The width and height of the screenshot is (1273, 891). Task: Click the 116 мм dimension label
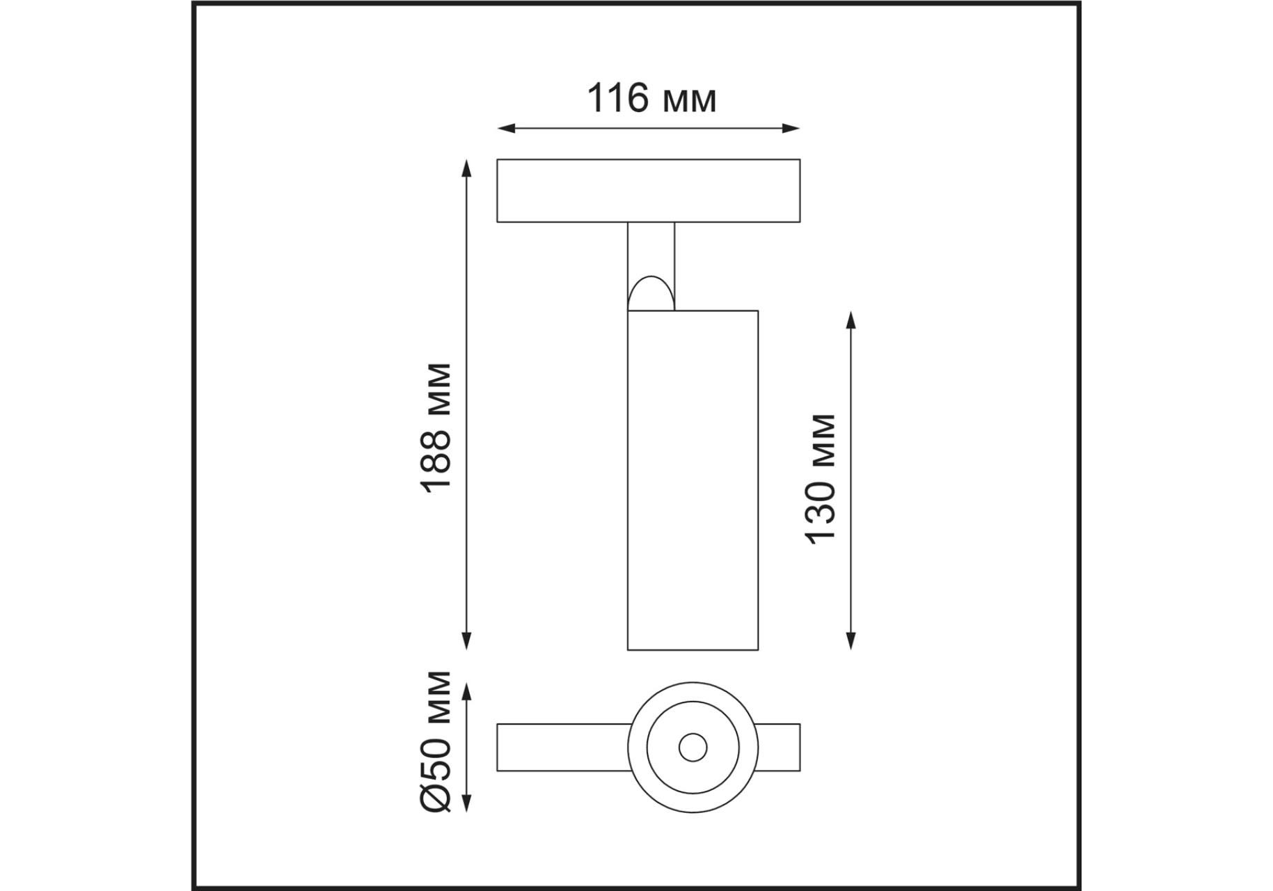(652, 99)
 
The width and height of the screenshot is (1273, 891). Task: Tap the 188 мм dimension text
(438, 427)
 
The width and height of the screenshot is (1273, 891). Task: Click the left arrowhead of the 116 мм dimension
(506, 128)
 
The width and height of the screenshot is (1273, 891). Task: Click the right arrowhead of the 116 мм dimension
(791, 128)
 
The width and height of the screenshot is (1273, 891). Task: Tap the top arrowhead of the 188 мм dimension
(467, 168)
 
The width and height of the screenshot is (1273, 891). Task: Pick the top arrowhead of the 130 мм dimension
(851, 320)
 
